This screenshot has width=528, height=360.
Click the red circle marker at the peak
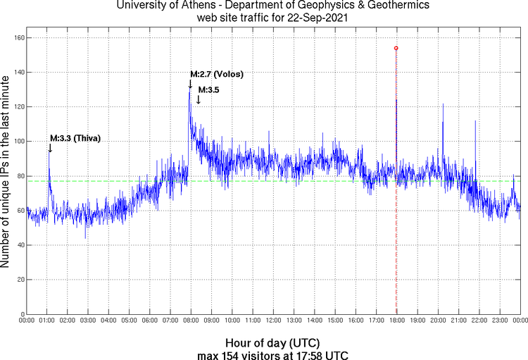[396, 48]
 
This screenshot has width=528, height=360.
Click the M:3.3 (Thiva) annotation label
[75, 138]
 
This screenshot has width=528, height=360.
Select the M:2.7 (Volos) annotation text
[217, 74]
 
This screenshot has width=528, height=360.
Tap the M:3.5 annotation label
[209, 90]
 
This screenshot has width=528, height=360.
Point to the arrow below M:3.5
[199, 100]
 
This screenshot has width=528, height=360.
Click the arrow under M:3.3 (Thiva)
[49, 148]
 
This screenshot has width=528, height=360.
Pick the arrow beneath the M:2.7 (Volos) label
[190, 84]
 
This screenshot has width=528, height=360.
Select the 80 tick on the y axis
[19, 176]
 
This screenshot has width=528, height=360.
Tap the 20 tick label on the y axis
[19, 280]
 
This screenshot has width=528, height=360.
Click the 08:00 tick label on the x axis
[191, 321]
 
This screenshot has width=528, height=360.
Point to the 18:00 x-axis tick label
[396, 321]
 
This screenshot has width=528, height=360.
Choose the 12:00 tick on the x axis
[273, 321]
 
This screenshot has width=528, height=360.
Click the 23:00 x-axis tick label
[499, 321]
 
